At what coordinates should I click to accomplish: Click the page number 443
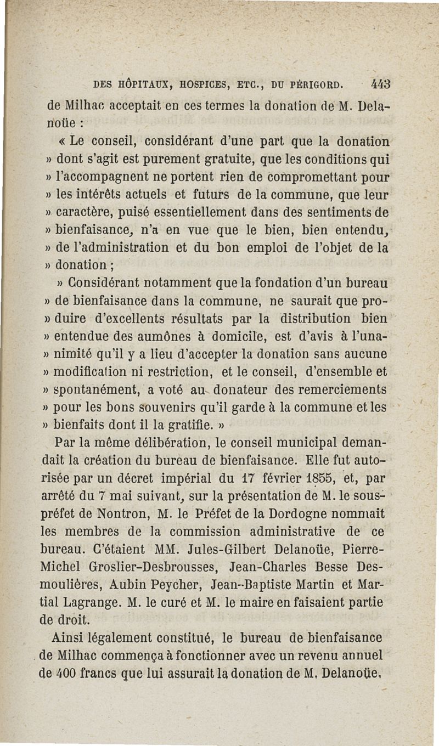point(380,84)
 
